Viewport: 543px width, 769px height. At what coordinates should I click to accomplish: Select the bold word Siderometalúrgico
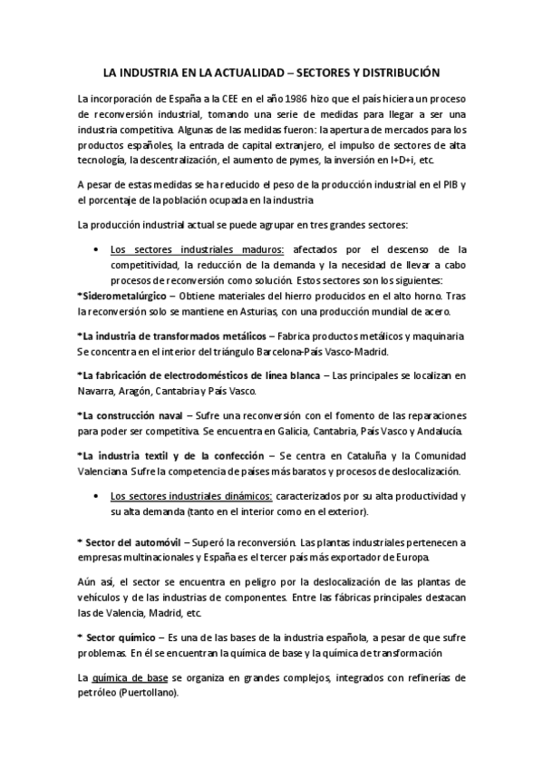[x=123, y=296]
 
